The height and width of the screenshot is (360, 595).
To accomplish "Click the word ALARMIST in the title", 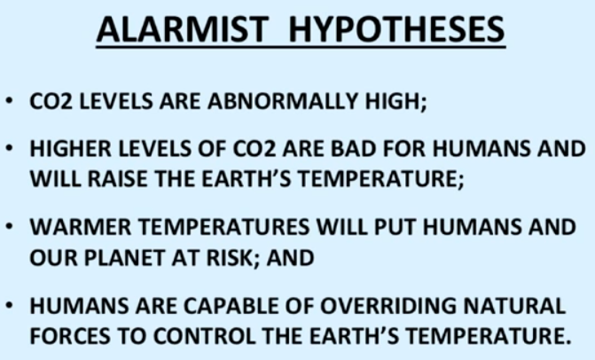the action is [183, 29].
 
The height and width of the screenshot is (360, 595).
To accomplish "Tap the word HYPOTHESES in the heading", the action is [396, 29].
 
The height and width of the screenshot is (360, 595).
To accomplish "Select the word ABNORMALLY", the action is [283, 101].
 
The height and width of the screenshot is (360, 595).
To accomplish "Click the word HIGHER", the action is [71, 148].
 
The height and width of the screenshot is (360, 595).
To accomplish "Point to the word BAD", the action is [354, 148].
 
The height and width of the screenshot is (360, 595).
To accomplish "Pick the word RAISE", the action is [117, 179].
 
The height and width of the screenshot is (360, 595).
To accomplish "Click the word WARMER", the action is [81, 227].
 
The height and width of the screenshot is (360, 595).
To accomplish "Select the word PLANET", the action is [124, 258].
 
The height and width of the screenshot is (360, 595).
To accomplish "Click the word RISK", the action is [231, 258].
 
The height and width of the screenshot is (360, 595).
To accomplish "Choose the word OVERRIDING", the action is [388, 306].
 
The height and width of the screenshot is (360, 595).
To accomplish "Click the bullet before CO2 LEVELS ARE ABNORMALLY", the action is [10, 101].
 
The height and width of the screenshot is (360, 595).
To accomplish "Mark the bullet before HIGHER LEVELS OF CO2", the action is [10, 148].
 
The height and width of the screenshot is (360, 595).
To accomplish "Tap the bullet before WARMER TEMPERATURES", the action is [10, 227].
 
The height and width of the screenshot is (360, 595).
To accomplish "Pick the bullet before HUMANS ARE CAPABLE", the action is [10, 306].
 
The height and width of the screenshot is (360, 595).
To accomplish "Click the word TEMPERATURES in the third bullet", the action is [224, 227].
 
